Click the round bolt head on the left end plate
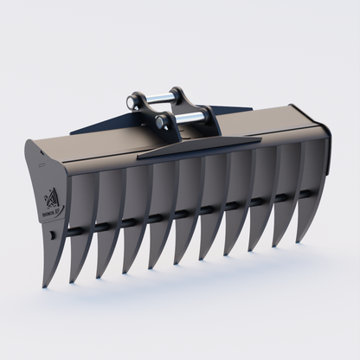click(x=55, y=235)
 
